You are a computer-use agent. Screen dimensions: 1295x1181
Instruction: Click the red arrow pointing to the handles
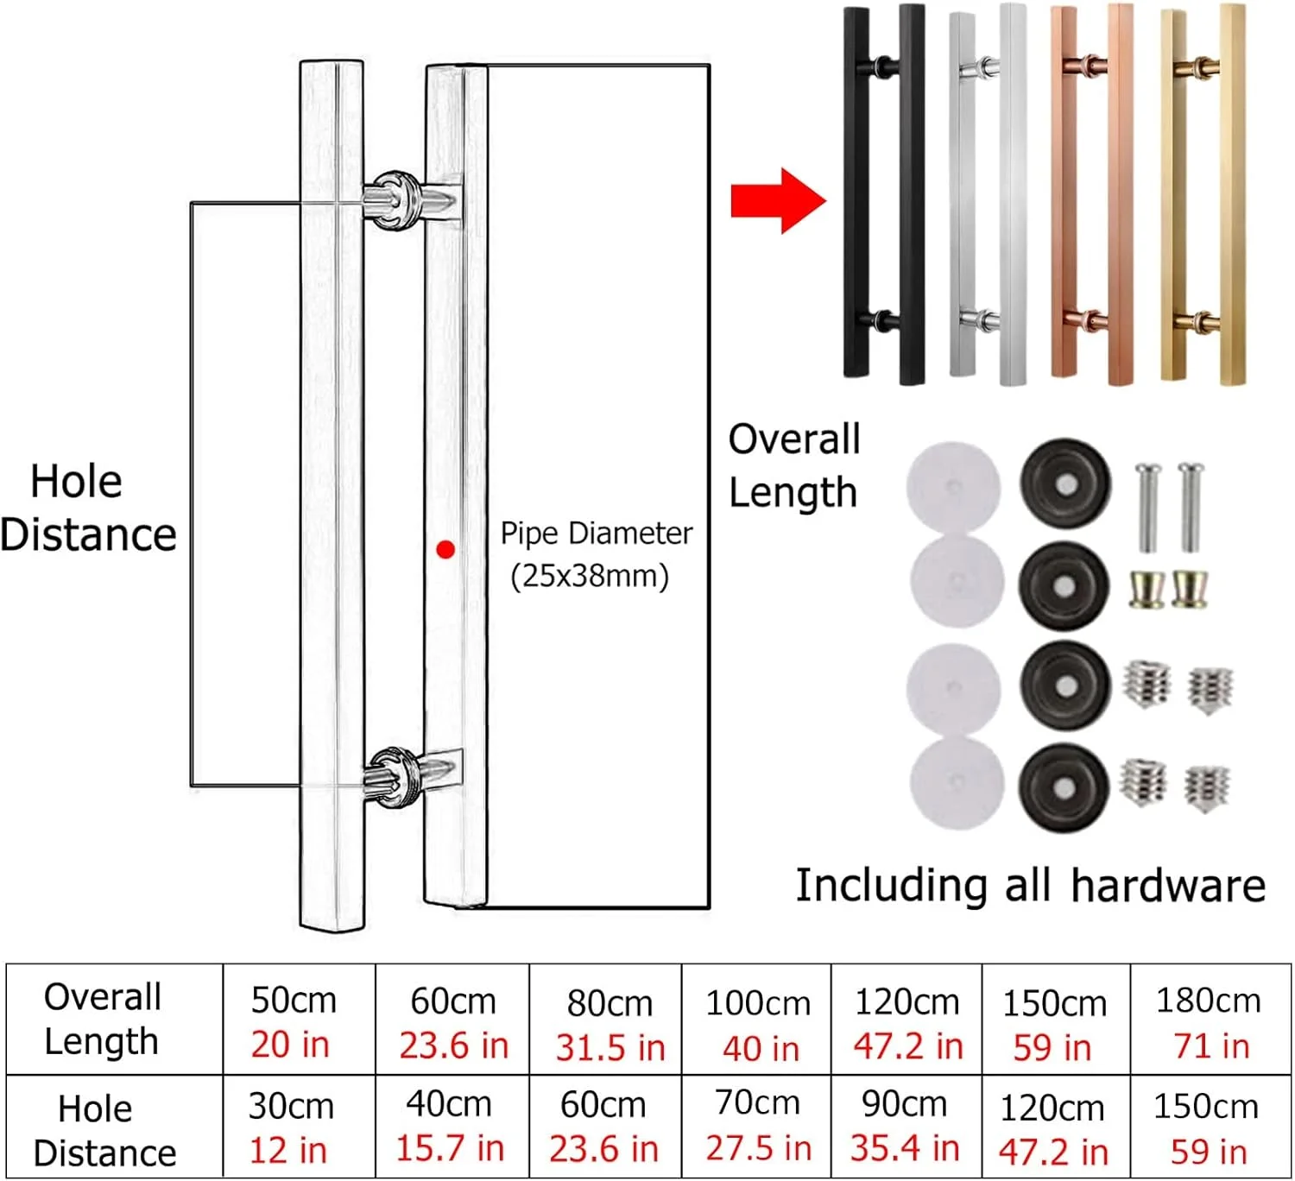pos(778,201)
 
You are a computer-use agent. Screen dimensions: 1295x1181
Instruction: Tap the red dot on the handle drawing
pos(445,550)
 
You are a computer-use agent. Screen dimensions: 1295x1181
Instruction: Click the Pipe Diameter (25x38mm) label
pos(596,554)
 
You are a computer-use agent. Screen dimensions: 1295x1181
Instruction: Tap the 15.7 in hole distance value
pos(450,1148)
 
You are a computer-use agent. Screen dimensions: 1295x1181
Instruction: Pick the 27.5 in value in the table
pos(759,1148)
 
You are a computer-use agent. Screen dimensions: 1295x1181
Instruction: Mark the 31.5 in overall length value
pos(610,1047)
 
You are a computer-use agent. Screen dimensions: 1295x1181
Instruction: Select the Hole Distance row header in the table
pos(104,1130)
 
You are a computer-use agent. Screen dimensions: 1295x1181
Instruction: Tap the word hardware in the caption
pos(1168,885)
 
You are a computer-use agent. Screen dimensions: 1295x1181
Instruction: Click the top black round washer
pos(1065,483)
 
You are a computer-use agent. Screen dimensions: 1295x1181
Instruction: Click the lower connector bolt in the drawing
pos(411,777)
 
